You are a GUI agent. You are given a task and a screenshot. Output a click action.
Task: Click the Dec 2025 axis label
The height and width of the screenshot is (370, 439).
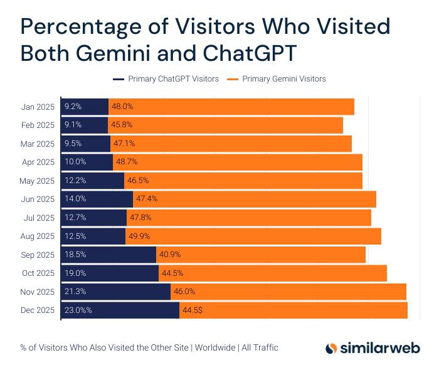[x=38, y=310]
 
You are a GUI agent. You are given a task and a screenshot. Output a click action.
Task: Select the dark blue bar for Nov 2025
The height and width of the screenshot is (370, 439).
[x=116, y=292]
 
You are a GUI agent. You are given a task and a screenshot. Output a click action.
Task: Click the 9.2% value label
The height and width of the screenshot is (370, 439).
[x=73, y=107]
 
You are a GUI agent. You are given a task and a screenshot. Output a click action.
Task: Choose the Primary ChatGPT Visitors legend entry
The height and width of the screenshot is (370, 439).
[x=166, y=79]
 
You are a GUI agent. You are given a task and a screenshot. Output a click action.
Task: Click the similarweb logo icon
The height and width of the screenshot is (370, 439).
[x=332, y=348]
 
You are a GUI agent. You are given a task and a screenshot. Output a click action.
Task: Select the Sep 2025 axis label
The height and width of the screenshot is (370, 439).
[x=38, y=255]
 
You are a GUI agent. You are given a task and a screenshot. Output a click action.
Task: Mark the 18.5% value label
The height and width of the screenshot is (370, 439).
[x=75, y=255]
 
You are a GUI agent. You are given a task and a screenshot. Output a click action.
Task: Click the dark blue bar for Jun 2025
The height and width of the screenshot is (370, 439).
[x=97, y=199]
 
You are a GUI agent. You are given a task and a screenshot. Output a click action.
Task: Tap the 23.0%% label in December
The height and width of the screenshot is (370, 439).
[x=78, y=310]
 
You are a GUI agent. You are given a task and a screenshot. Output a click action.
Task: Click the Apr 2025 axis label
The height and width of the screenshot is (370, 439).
[x=38, y=162]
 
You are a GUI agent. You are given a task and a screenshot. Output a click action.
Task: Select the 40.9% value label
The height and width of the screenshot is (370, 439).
[x=170, y=255]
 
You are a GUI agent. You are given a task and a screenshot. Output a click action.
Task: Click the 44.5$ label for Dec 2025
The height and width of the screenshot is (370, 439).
[x=193, y=310]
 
